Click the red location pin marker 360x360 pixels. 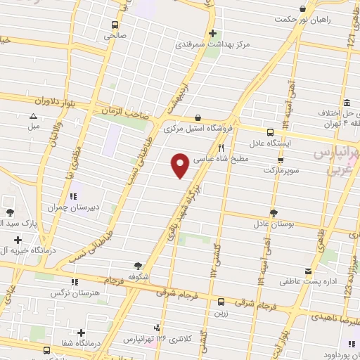click(x=180, y=165)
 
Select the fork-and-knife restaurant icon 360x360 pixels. click(x=221, y=148)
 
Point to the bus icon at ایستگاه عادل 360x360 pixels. click(x=271, y=131)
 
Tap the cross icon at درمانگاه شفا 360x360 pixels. click(x=82, y=333)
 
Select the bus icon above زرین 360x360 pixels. click(x=221, y=298)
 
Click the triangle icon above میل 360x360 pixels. click(x=34, y=117)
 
